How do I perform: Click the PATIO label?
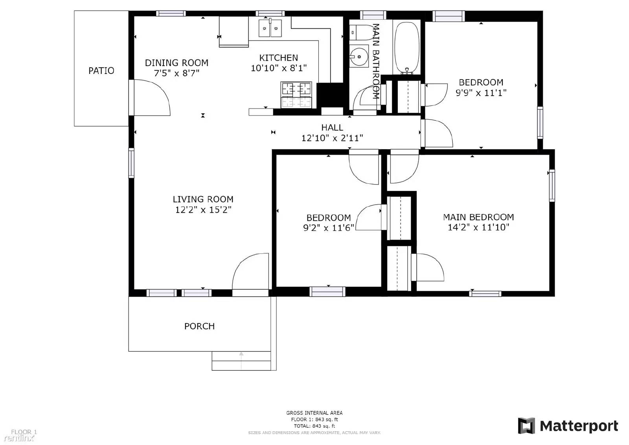tap(101, 71)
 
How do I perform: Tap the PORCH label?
tap(199, 326)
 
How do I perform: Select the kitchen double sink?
tap(270, 28)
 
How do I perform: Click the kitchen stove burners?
tap(296, 95)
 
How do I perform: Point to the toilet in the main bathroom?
tap(358, 32)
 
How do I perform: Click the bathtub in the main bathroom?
tap(407, 47)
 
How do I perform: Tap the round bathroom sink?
tap(359, 57)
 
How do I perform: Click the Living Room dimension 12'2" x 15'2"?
tap(203, 210)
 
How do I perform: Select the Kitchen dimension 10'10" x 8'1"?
tap(279, 68)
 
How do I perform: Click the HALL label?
tap(332, 127)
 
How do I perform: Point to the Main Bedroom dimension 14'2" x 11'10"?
tap(478, 227)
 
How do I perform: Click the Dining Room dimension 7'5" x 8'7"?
tap(177, 73)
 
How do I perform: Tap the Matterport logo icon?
tap(526, 426)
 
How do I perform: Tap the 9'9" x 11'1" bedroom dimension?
tap(481, 93)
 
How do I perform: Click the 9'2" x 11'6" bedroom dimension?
tap(329, 228)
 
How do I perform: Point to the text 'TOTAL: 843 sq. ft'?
tap(314, 426)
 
